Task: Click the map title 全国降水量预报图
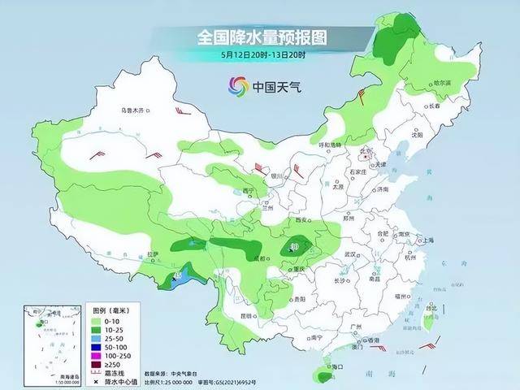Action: [260, 37]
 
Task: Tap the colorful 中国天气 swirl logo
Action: [237, 85]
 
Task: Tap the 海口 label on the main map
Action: [330, 368]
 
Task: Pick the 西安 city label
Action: [304, 220]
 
